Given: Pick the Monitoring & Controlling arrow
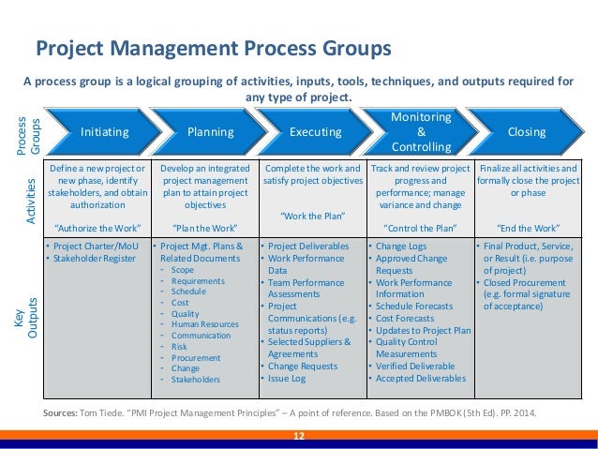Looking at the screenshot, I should [x=420, y=133].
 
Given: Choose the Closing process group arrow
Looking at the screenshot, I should [x=526, y=133].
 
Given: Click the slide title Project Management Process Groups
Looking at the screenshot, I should [x=214, y=49].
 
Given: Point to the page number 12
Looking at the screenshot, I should [x=299, y=437].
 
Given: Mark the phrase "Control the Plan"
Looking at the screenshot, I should [x=420, y=228].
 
